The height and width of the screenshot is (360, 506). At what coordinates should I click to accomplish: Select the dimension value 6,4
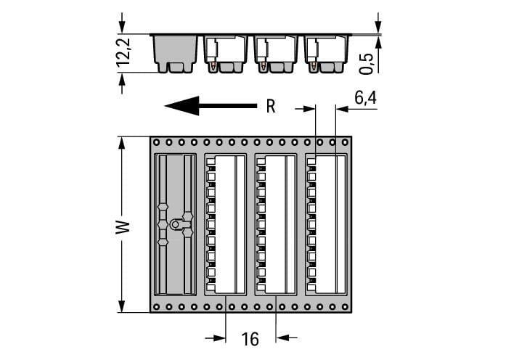365,97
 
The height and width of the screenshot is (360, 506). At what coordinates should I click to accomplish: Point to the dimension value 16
250,339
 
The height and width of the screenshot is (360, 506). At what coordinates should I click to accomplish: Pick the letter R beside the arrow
271,107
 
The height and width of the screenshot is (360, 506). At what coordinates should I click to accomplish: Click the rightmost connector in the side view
326,54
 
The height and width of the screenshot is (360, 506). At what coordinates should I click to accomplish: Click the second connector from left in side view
226,54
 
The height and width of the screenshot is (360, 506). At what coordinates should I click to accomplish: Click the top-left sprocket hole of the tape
156,142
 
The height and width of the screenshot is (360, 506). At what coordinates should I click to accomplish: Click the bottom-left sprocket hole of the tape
156,307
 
